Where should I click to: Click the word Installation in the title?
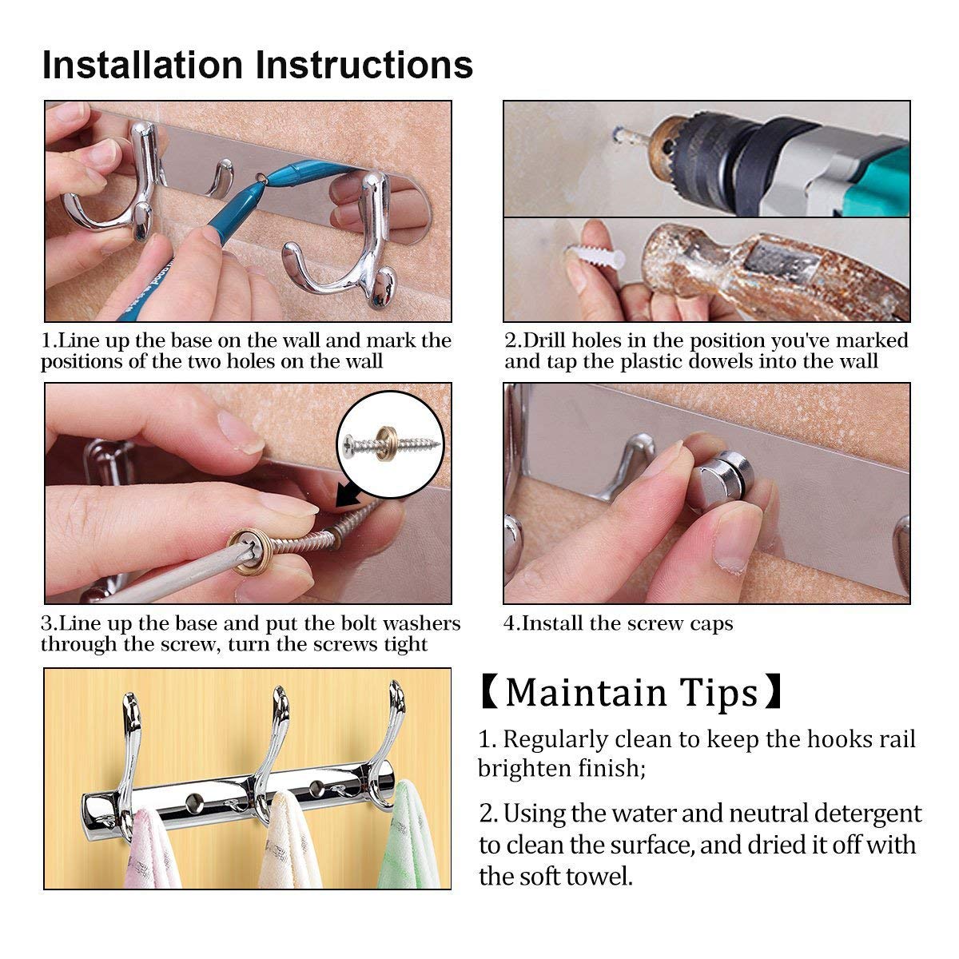coord(143,66)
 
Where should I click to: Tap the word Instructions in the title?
coord(364,66)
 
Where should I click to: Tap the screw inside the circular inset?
coord(391,443)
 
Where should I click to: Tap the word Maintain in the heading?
coord(587,693)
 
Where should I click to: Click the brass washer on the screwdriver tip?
coord(249,551)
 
